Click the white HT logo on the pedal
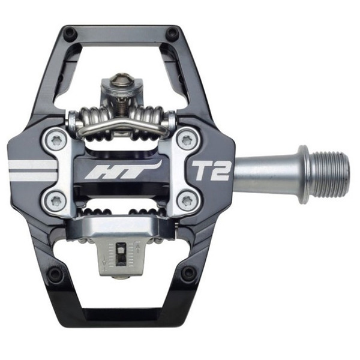point(123,170)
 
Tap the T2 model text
point(210,171)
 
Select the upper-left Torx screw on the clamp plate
point(56,140)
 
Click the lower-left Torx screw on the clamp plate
point(56,202)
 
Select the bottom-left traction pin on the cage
point(56,273)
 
